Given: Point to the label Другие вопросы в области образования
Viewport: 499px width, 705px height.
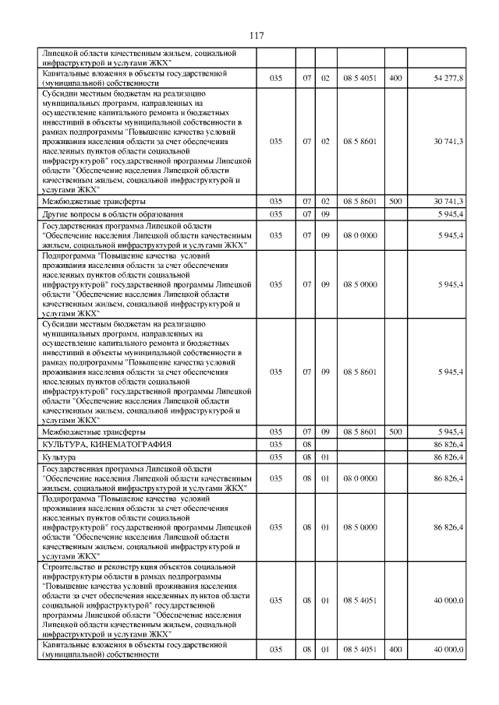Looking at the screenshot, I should pos(113,213).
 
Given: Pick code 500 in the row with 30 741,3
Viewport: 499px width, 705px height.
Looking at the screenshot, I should pos(395,201).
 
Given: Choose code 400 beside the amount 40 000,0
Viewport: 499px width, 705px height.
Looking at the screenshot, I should pos(395,650).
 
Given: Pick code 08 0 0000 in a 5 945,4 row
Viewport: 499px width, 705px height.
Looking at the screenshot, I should pos(359,234).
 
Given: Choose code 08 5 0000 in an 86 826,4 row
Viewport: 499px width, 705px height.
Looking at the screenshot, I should pos(359,527).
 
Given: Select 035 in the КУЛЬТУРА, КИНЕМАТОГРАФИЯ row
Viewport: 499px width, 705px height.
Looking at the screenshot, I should pos(275,443).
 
